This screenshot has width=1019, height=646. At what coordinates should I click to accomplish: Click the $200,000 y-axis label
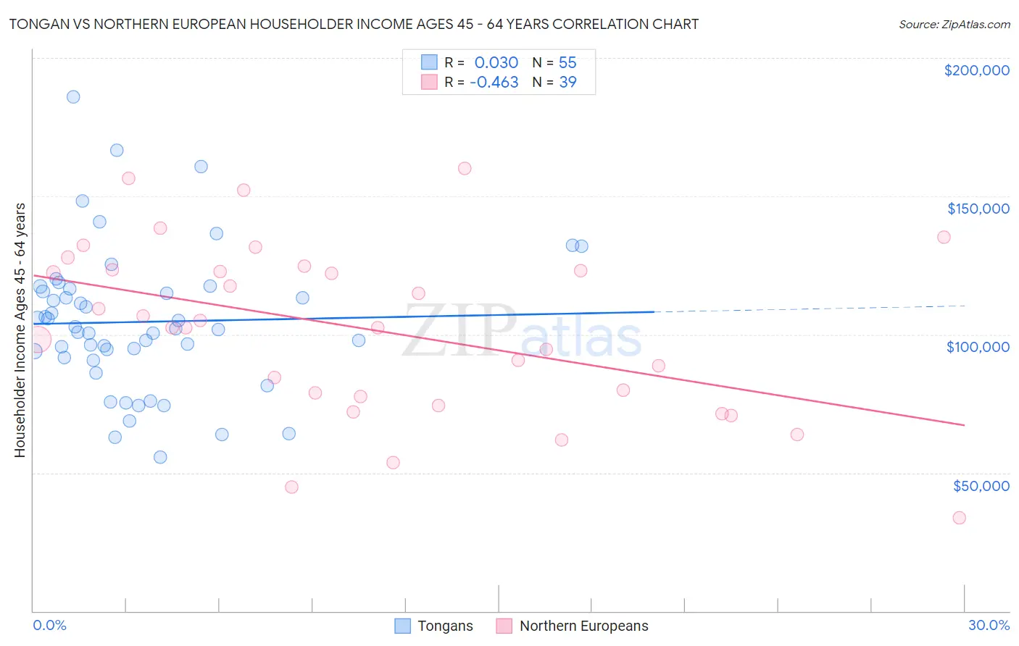tap(976, 70)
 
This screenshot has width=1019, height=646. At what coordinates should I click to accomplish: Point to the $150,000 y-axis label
tap(978, 209)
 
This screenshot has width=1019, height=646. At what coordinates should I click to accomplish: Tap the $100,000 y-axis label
tap(978, 347)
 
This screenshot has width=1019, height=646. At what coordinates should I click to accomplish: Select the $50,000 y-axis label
tap(981, 486)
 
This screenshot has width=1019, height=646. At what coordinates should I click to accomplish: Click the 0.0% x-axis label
tap(49, 625)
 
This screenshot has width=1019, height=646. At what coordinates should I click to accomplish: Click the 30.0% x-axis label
tap(989, 625)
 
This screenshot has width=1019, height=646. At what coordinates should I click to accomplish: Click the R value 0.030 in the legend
tap(496, 63)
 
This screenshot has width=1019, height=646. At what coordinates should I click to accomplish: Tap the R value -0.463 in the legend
tap(494, 83)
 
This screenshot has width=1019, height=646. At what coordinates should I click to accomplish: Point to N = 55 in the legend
tap(554, 63)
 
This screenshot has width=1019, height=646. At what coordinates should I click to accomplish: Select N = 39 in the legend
tap(554, 83)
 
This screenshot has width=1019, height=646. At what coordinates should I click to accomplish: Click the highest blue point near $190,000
tap(73, 97)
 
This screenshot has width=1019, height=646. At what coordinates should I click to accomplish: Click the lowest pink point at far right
tap(959, 518)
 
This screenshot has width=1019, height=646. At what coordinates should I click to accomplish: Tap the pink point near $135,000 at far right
tap(944, 237)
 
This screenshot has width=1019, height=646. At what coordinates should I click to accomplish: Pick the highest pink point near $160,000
tap(465, 168)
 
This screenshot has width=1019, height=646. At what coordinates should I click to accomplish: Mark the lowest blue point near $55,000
tap(160, 457)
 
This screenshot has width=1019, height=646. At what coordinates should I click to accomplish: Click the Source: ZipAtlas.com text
tap(954, 25)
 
